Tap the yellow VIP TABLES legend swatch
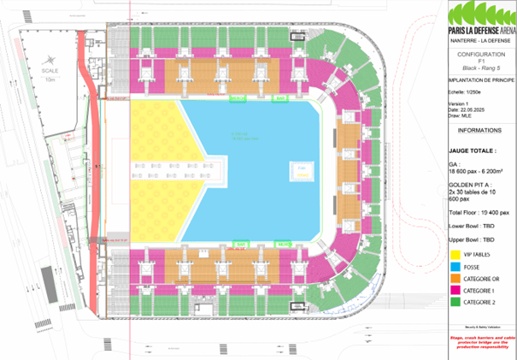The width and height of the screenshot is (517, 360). pyautogui.click(x=454, y=254)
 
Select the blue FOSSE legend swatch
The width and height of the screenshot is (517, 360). pyautogui.click(x=454, y=267)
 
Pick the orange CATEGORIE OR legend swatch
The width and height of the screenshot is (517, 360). pyautogui.click(x=454, y=279)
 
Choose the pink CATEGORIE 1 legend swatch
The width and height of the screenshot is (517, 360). pyautogui.click(x=454, y=291)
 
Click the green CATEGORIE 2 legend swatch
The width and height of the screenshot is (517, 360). pyautogui.click(x=454, y=303)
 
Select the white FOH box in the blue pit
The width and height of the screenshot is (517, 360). pyautogui.click(x=302, y=171)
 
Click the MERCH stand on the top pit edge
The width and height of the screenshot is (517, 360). pyautogui.click(x=238, y=99)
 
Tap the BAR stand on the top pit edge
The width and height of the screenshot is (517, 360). pyautogui.click(x=279, y=99)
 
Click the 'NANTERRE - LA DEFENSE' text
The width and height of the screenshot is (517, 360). pyautogui.click(x=480, y=40)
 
